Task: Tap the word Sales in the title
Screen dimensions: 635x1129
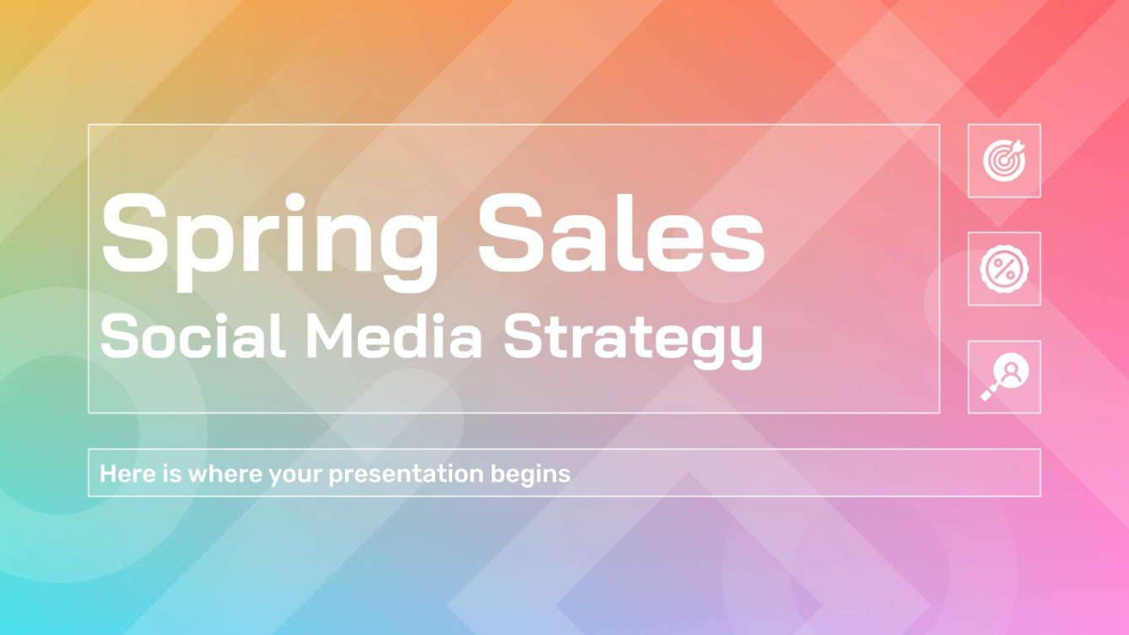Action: tap(621, 229)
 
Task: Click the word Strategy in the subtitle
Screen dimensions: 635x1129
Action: tap(632, 339)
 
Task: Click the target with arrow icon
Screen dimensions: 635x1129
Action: tap(1004, 160)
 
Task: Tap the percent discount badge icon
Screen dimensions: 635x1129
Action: tap(1004, 268)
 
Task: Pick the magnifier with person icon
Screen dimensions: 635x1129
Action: tap(1004, 377)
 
